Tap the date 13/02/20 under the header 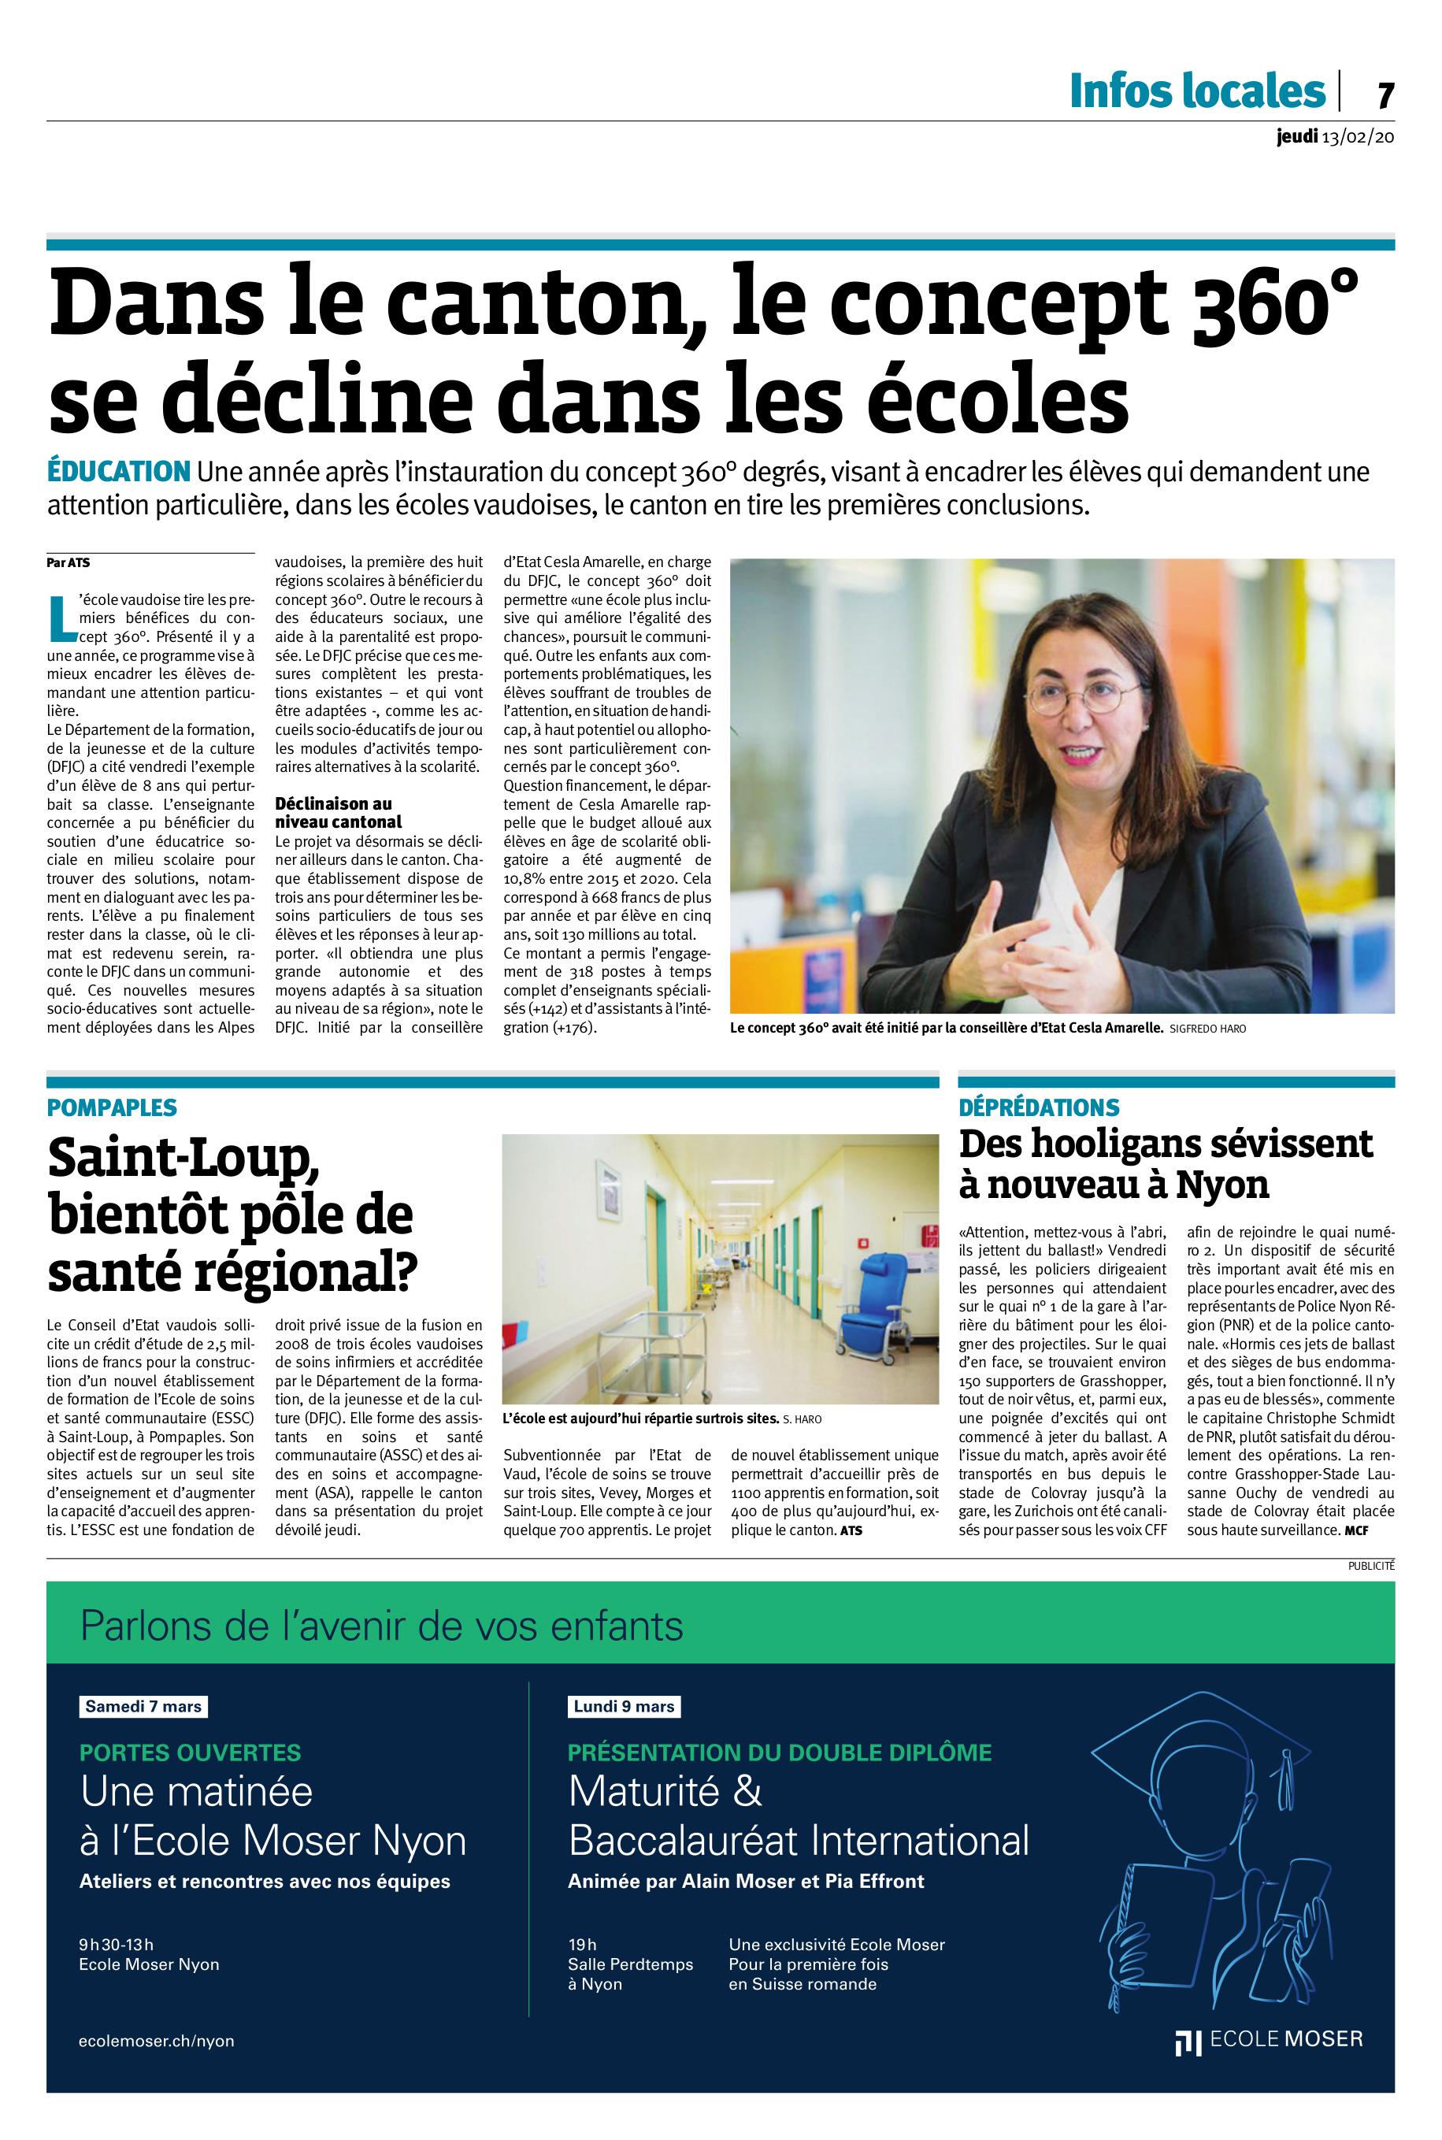click(1359, 137)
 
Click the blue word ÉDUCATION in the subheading click(119, 473)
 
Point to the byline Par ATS click(64, 562)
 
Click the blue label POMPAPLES click(112, 1107)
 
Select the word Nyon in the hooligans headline click(1222, 1184)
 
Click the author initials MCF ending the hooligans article click(1355, 1530)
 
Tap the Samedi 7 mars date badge click(143, 1706)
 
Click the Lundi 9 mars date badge click(625, 1706)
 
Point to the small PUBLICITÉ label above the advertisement click(1372, 1564)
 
